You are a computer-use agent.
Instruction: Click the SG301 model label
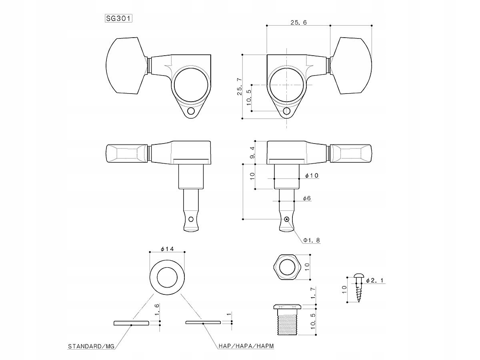119,18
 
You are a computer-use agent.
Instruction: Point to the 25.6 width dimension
298,23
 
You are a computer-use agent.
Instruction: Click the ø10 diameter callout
311,176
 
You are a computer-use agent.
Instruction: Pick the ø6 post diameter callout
307,198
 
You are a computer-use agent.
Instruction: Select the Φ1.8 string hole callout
312,240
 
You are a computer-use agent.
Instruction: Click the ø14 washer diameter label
167,249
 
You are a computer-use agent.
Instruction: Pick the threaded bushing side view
286,320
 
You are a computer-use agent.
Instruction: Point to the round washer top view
167,276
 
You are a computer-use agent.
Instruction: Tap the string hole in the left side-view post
191,219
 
